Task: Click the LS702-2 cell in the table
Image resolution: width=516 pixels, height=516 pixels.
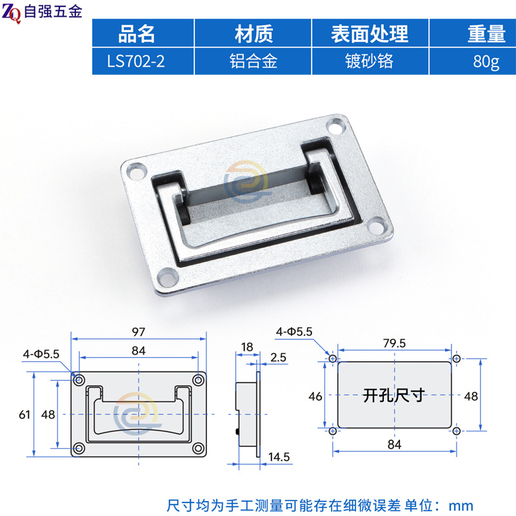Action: [135, 61]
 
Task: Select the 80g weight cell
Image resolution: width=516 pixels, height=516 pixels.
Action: [486, 62]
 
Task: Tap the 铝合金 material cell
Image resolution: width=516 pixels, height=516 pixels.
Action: [253, 61]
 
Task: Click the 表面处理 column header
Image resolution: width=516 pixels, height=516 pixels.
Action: [370, 34]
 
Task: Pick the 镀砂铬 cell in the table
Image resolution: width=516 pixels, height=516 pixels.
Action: [369, 61]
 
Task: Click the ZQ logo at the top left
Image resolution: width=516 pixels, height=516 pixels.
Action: [12, 13]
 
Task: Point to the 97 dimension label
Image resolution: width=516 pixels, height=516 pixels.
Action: [138, 332]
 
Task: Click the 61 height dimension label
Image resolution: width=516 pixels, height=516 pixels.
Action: [25, 415]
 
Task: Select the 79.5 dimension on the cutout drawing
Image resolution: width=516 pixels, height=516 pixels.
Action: [394, 343]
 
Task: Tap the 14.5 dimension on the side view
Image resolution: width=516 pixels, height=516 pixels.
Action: [279, 457]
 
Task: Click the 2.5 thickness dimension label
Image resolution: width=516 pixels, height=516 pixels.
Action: [278, 357]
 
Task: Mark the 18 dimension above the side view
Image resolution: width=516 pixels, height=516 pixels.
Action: [247, 347]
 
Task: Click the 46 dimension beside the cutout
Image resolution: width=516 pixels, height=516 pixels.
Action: [315, 396]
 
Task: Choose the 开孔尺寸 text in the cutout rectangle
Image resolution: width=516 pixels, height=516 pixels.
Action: [394, 395]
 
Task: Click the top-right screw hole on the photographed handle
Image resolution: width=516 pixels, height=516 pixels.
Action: [335, 126]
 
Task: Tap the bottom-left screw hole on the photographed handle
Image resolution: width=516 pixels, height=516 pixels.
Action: [168, 277]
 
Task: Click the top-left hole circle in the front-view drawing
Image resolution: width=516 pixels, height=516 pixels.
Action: [79, 380]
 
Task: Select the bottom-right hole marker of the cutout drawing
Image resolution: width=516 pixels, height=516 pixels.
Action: [457, 431]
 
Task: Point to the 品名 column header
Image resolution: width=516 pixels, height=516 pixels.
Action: [136, 34]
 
